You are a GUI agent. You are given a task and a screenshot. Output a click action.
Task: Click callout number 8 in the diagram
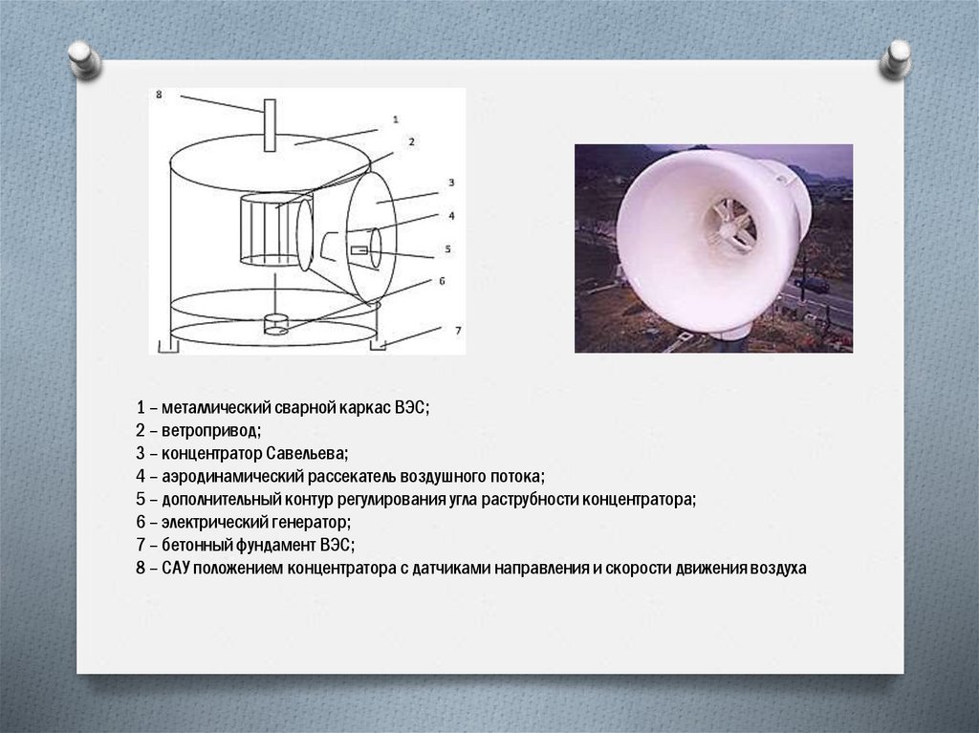[159, 95]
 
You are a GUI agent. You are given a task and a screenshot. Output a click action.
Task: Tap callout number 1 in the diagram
[395, 119]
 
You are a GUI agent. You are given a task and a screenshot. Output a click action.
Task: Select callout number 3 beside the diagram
[451, 183]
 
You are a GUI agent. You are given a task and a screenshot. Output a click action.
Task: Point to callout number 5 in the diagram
[447, 249]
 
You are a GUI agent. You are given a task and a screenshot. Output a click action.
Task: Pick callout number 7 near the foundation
[458, 331]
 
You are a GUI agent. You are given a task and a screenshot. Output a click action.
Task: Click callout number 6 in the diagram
[442, 281]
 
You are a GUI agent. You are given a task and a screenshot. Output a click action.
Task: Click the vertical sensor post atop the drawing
[270, 125]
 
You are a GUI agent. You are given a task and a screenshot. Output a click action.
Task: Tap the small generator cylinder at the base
[275, 324]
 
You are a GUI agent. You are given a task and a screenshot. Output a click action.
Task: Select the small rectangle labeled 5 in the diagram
[359, 250]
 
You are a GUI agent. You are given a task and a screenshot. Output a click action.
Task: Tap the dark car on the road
[813, 286]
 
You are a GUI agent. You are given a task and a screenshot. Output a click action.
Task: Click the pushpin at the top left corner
[84, 59]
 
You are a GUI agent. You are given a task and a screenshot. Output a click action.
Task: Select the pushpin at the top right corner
[896, 59]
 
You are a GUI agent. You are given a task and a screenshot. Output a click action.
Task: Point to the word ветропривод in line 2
[211, 431]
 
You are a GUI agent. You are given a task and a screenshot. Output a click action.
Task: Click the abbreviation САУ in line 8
[176, 569]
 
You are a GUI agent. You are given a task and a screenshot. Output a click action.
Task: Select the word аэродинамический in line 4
[232, 477]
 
